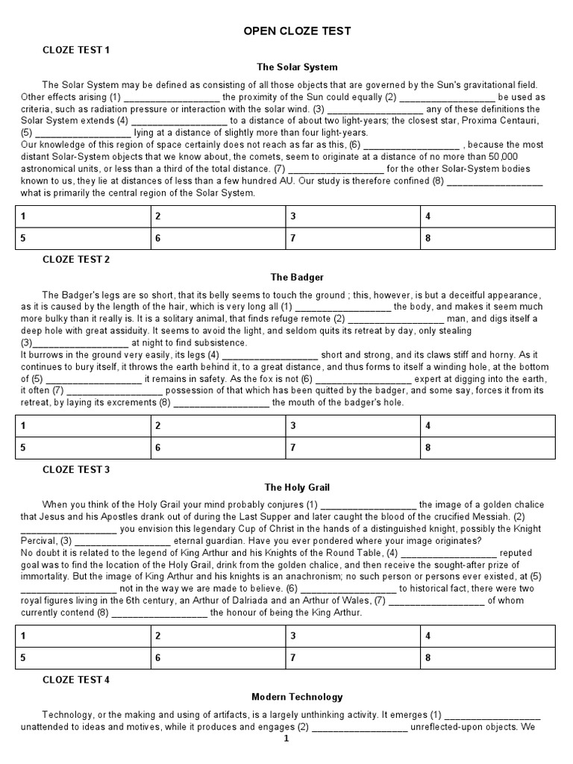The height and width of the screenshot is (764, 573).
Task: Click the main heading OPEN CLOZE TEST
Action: pyautogui.click(x=297, y=31)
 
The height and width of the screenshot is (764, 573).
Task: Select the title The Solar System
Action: pyautogui.click(x=297, y=67)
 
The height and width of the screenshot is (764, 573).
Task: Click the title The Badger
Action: pyautogui.click(x=297, y=277)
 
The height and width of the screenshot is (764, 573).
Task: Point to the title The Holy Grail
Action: pyautogui.click(x=297, y=487)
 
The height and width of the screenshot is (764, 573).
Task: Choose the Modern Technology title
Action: pyautogui.click(x=297, y=697)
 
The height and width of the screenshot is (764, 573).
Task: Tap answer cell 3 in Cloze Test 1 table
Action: pyautogui.click(x=352, y=216)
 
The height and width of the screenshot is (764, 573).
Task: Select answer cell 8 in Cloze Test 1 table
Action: pyautogui.click(x=488, y=239)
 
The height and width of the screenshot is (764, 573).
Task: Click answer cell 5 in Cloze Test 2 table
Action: pyautogui.click(x=82, y=448)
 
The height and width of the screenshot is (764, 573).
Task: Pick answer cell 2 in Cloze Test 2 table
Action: pyautogui.click(x=217, y=426)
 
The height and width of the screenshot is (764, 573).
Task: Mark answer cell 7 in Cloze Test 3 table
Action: pyautogui.click(x=352, y=658)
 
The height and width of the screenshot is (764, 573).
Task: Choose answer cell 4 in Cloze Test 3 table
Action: pyautogui.click(x=488, y=636)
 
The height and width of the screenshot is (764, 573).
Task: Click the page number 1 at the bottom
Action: pyautogui.click(x=286, y=739)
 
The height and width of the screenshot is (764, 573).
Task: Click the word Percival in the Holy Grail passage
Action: pyautogui.click(x=38, y=540)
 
